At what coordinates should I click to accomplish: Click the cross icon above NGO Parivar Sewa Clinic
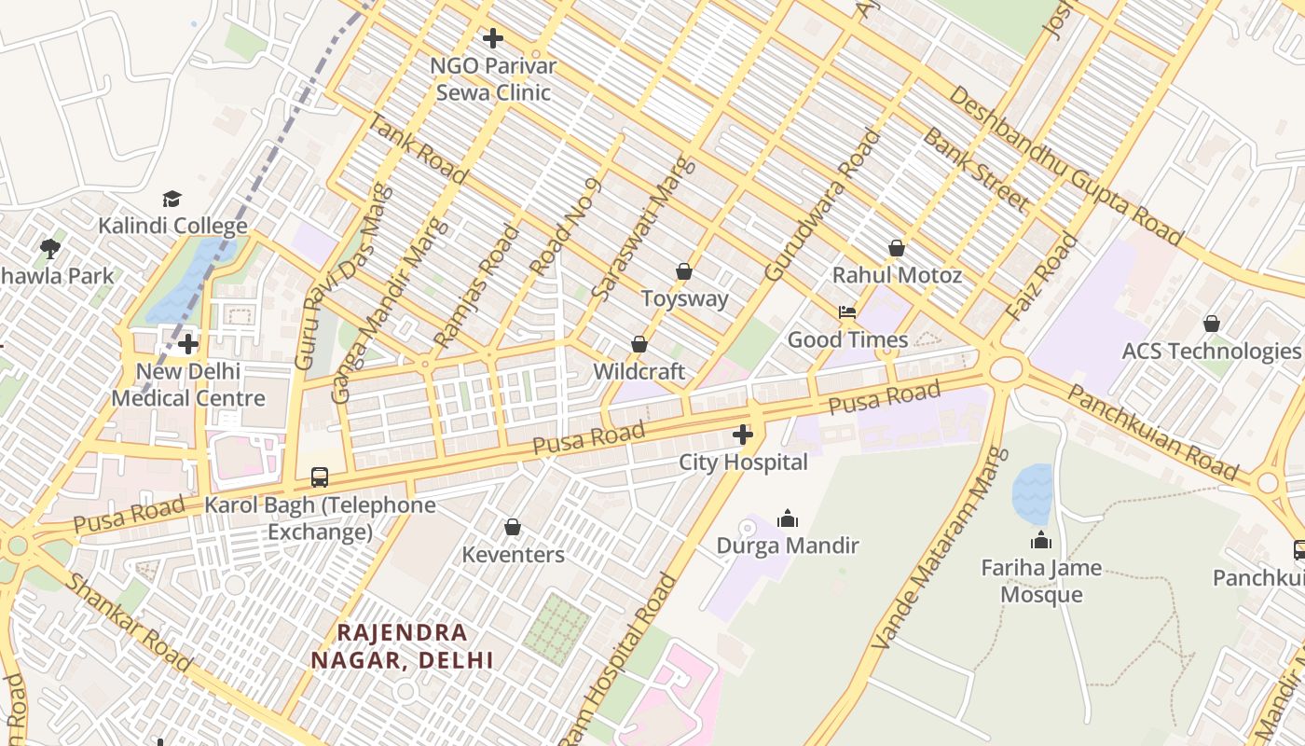(493, 38)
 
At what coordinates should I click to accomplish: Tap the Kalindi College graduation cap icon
(172, 199)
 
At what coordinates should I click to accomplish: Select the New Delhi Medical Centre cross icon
(188, 344)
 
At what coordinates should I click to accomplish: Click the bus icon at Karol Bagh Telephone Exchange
(319, 477)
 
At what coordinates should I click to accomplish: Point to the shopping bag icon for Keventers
(512, 528)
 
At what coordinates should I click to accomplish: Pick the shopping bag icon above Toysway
(684, 271)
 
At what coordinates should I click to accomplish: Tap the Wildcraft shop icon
(639, 344)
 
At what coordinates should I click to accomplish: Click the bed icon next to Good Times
(847, 312)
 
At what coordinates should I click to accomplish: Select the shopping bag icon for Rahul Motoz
(896, 248)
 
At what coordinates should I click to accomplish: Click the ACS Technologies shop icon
(1211, 324)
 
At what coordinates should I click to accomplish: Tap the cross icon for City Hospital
(742, 435)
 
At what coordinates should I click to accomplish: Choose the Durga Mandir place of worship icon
(788, 518)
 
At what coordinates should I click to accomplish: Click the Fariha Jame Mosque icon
(1040, 540)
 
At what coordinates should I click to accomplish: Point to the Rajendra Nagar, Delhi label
(402, 645)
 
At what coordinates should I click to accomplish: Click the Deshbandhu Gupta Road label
(1065, 166)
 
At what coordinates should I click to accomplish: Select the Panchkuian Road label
(1152, 432)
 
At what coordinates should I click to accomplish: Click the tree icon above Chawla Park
(50, 249)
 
